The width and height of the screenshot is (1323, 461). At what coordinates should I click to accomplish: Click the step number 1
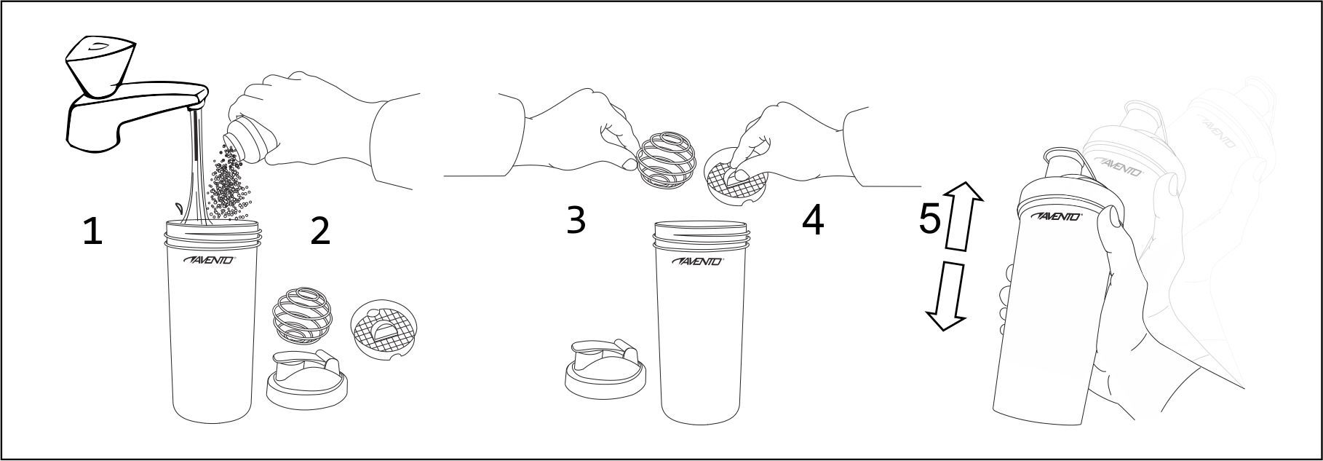click(92, 232)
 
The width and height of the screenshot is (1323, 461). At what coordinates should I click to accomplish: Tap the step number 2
click(319, 231)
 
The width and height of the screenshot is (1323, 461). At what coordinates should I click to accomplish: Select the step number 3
click(576, 219)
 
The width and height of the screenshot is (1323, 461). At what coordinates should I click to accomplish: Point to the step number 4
click(812, 221)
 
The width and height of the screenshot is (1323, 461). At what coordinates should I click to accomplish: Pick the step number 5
click(929, 218)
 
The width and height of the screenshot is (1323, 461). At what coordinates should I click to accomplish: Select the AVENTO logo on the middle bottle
click(698, 261)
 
